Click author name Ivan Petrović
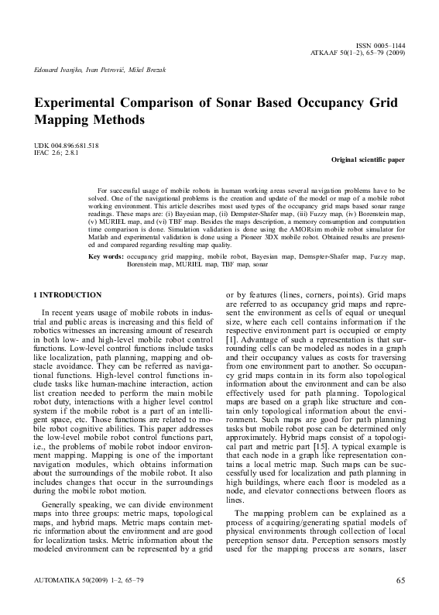[106, 71]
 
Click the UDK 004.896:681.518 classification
[66, 146]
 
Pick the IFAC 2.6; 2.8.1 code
[57, 153]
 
